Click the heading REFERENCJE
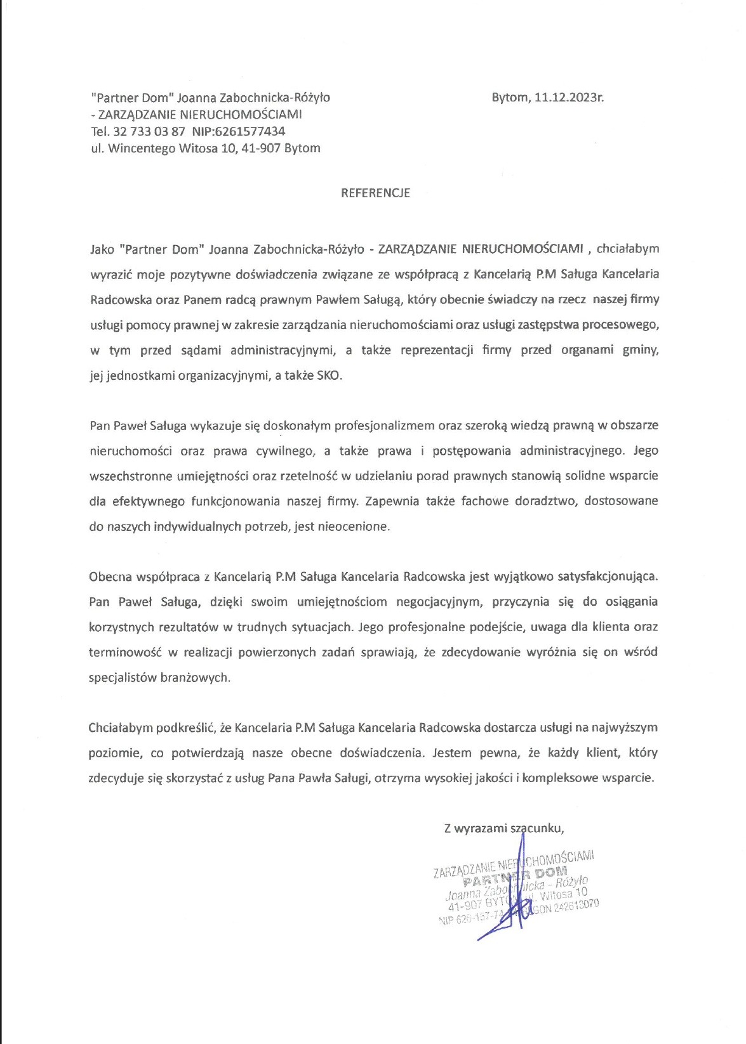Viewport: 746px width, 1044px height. coord(375,193)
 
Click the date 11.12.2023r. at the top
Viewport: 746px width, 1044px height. coord(569,98)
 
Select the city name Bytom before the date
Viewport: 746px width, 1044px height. coord(509,98)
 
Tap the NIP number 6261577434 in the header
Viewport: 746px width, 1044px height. coord(250,131)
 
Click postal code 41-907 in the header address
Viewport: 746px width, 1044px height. coord(260,148)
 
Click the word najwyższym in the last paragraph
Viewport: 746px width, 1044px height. coord(625,728)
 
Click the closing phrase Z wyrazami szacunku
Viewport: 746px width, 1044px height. coord(504,828)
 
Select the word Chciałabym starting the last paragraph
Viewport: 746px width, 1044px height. coord(121,728)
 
